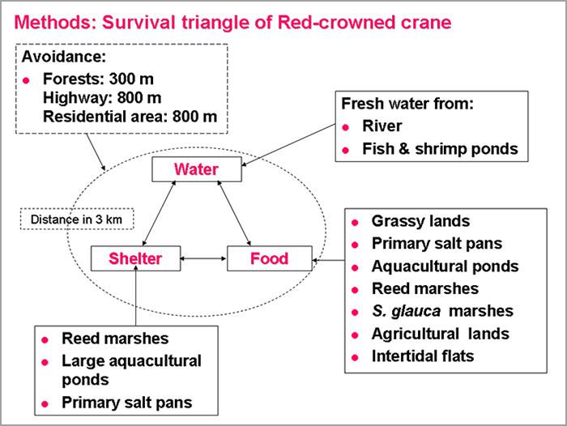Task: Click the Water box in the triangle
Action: tap(197, 169)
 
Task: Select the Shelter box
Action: tap(135, 258)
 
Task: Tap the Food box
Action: tap(270, 258)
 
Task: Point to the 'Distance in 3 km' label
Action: tap(77, 219)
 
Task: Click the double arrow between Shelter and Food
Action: tap(203, 258)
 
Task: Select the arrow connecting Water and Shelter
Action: tap(159, 213)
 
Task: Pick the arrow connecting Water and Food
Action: tap(234, 213)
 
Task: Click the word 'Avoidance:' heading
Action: tap(64, 57)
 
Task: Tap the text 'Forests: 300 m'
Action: tap(98, 79)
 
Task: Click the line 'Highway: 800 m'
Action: tap(102, 98)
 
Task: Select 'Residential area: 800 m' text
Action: tap(130, 117)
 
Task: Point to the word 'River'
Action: tap(382, 126)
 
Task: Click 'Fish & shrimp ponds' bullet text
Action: tap(441, 149)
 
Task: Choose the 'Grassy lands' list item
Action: tap(421, 221)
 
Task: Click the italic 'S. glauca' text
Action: tap(406, 311)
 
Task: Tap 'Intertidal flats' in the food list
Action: tap(423, 356)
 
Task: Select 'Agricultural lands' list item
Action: tap(441, 334)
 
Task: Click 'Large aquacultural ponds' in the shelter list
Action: tap(131, 370)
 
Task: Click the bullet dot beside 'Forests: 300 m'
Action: tap(26, 80)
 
